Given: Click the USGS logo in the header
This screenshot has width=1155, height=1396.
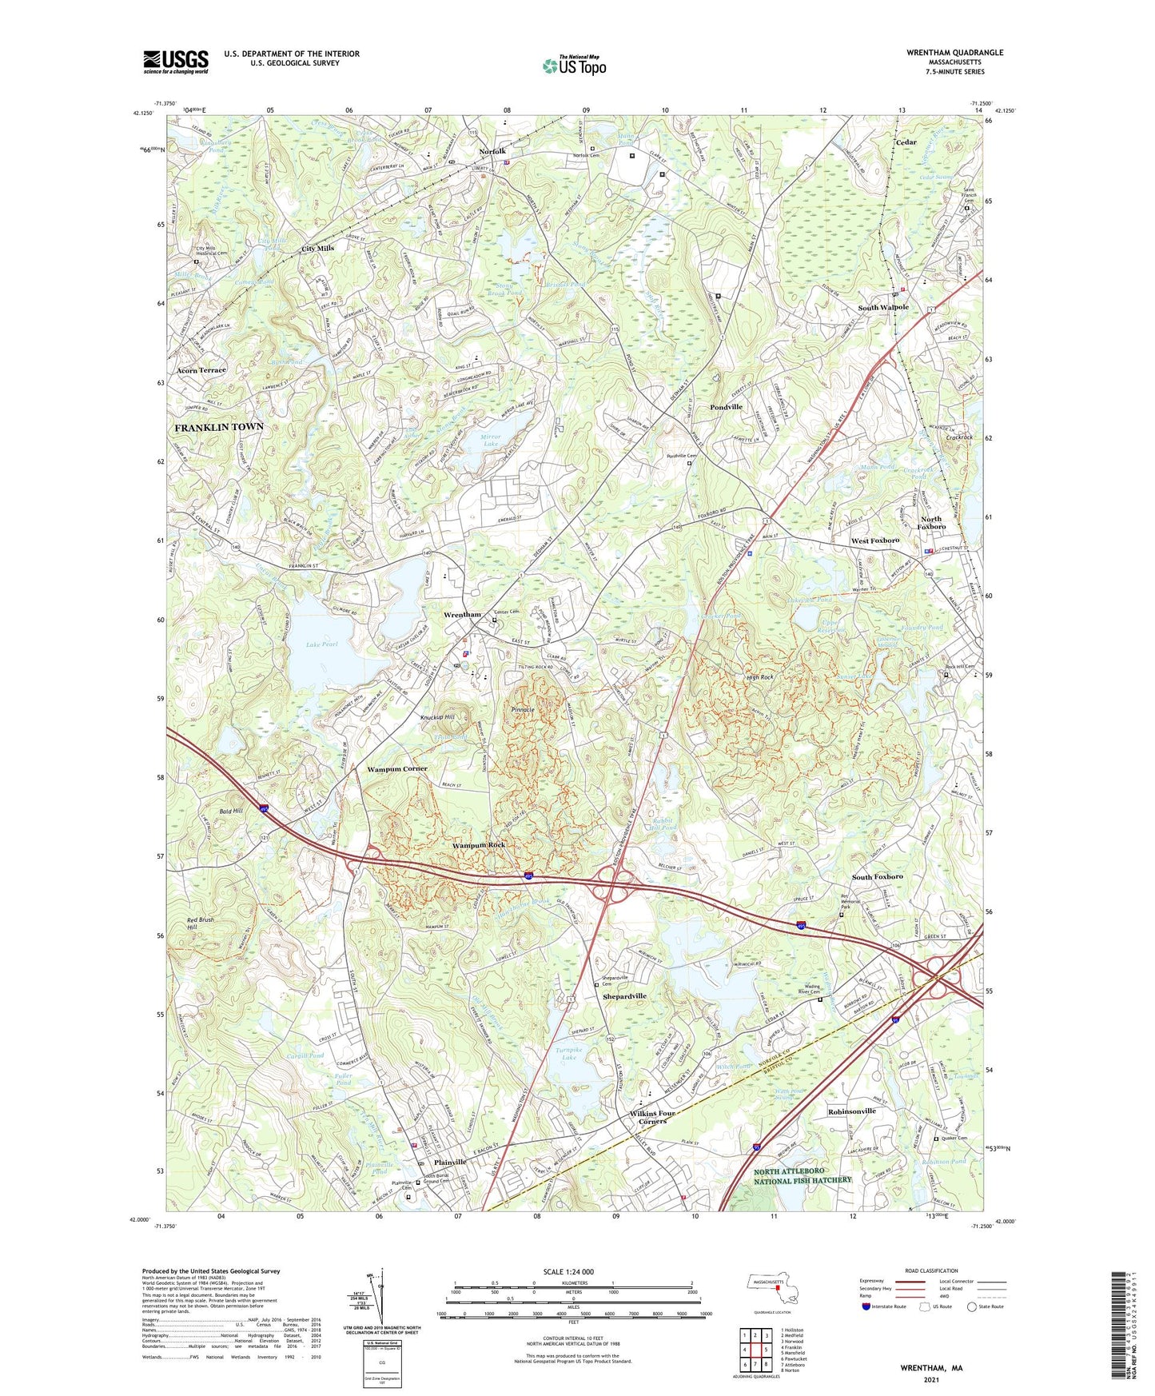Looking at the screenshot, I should click(x=176, y=62).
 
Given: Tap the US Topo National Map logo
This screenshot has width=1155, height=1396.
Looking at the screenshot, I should click(x=575, y=65).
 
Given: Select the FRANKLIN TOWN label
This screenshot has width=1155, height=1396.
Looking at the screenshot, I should click(x=219, y=428).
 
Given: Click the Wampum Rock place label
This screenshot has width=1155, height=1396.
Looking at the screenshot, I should click(x=479, y=845).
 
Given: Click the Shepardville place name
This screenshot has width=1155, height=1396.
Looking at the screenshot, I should click(x=624, y=996).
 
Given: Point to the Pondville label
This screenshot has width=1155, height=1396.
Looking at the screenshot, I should click(x=726, y=407).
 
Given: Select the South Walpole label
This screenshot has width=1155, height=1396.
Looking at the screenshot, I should click(x=883, y=307).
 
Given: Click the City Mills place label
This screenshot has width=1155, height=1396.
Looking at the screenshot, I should click(x=317, y=249).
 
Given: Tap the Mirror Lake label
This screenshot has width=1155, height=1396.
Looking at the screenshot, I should click(x=491, y=440).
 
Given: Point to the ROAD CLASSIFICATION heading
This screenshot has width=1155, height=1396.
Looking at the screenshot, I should click(x=931, y=1270).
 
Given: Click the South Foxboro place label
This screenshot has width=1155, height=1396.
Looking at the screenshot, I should click(x=877, y=877).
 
